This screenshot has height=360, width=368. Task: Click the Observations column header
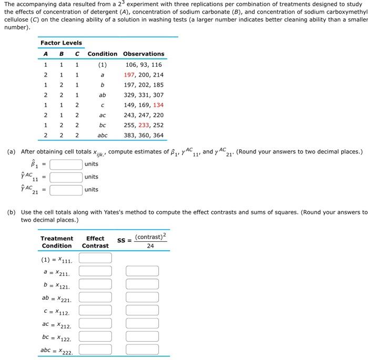coord(144,54)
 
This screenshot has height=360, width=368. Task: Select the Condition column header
coord(103,54)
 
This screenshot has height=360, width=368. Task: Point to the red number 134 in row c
coord(158,105)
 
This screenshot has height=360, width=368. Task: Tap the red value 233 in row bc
coord(144,125)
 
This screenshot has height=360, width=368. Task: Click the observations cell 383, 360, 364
coord(144,135)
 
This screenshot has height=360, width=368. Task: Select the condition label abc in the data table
coord(103,135)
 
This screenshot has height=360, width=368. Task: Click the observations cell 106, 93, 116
coord(144,65)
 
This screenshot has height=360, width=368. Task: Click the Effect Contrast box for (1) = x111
coord(95,258)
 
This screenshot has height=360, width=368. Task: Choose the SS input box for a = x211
coord(142,271)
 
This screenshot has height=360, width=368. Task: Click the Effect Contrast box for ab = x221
coord(95,297)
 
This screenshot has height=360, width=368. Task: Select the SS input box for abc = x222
coord(142,349)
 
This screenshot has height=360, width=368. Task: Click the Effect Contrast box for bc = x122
coord(95,336)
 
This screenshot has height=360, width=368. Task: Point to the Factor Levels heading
coord(61,43)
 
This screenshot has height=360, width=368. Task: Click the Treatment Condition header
coord(57,242)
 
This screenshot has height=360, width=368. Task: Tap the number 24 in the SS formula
coord(150,245)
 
